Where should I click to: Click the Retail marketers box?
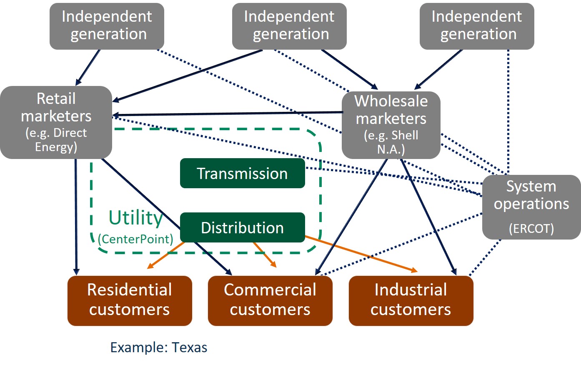56,122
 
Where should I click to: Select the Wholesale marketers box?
391,124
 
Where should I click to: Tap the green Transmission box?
242,173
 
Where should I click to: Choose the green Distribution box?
242,227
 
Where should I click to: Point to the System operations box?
531,207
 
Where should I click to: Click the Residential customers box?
129,300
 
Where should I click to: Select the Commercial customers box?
270,300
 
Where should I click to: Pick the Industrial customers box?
411,300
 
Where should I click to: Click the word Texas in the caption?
190,347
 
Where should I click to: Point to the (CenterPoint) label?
135,239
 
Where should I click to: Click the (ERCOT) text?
531,229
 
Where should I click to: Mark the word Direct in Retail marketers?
70,133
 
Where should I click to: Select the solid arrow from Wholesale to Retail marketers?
227,114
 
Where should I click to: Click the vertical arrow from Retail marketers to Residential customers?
76,217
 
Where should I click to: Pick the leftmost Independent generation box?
107,26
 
